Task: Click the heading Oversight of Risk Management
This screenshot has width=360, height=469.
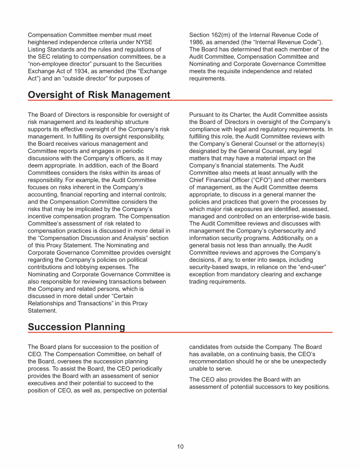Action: tap(99, 95)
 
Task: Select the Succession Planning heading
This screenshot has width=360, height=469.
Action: tap(76, 327)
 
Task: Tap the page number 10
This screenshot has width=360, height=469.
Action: tap(180, 446)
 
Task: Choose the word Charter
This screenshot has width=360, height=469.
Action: tap(231, 115)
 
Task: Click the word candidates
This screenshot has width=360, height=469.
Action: tap(205, 347)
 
